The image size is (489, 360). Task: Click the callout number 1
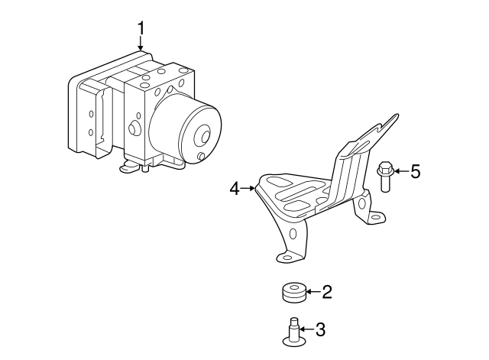141,28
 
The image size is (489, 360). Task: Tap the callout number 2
327,292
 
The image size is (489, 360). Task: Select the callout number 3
320,329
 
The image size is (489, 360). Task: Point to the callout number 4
235,189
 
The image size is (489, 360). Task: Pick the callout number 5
416,171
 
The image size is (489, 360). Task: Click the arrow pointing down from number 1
141,43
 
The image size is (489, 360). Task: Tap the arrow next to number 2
313,292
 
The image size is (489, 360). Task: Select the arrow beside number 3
307,329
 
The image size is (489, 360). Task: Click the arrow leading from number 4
248,189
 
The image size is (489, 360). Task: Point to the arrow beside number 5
402,171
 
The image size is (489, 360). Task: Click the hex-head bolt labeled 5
385,177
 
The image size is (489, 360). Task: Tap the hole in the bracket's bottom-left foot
287,258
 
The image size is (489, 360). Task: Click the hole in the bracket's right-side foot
377,217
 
